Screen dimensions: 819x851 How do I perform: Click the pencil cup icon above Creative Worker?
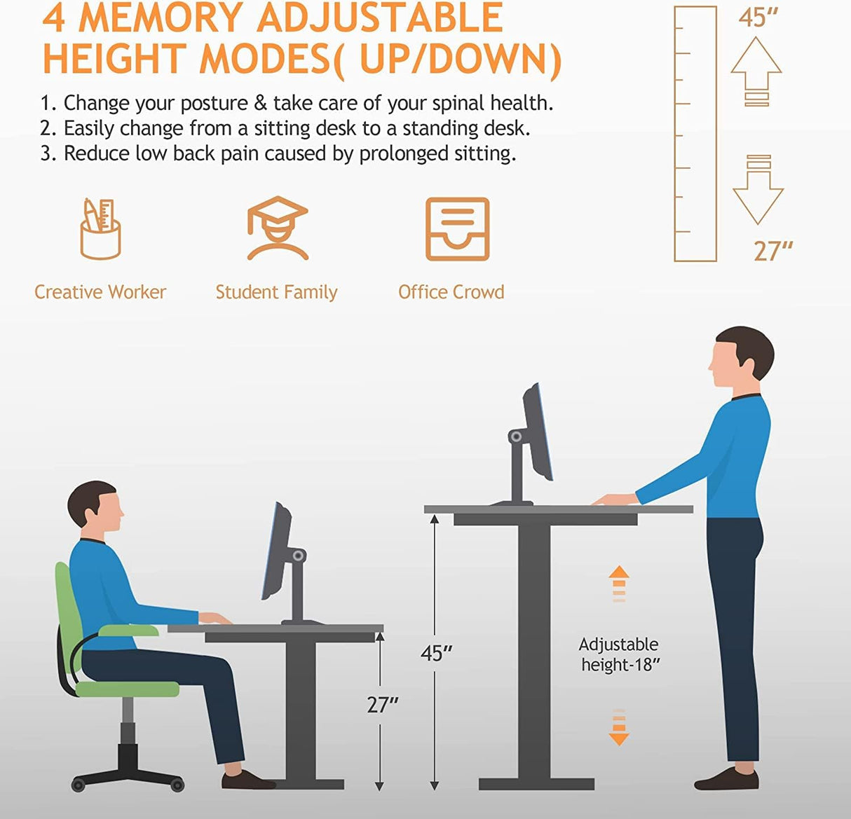(100, 229)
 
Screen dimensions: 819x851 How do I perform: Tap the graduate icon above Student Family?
(278, 228)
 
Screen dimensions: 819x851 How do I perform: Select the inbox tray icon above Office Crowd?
(457, 229)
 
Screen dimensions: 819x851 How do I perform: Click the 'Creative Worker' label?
(100, 292)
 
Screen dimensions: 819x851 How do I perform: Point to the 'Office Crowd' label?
(451, 292)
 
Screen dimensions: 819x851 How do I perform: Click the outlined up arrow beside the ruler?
(756, 71)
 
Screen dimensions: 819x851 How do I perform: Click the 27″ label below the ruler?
(772, 251)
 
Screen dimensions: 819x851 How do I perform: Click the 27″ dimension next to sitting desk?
(382, 704)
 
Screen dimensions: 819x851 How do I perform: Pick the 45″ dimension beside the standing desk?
(436, 653)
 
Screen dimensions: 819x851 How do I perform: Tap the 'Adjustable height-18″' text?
(620, 654)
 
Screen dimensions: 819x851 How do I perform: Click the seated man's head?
(96, 509)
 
